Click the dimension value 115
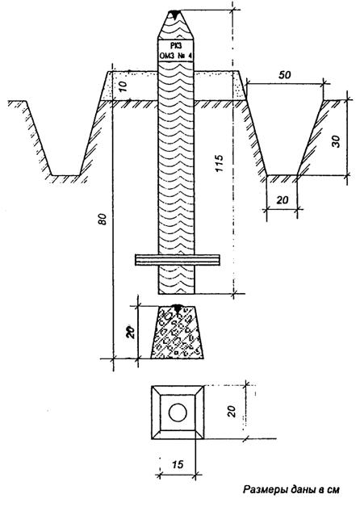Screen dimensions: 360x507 coord(220,163)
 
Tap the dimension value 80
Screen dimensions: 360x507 coord(103,220)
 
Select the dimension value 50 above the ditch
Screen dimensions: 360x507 coord(285,75)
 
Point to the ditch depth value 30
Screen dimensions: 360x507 coord(337,141)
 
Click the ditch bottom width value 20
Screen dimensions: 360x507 coord(283,200)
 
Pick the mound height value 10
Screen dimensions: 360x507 coord(123,86)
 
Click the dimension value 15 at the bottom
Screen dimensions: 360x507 coord(178,465)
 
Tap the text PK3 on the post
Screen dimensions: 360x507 coord(176,45)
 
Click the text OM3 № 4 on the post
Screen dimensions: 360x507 coord(176,56)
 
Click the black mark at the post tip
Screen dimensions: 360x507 coord(175,14)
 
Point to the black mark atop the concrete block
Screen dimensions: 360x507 coord(177,308)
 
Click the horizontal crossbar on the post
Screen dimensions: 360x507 coord(178,260)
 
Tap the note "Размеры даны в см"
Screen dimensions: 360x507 coord(291,489)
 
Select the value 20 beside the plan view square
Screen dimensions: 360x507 coord(232,411)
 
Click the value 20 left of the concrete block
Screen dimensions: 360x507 coord(130,332)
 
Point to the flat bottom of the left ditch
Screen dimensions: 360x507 coord(65,175)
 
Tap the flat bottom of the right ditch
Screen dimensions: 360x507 coord(282,175)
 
